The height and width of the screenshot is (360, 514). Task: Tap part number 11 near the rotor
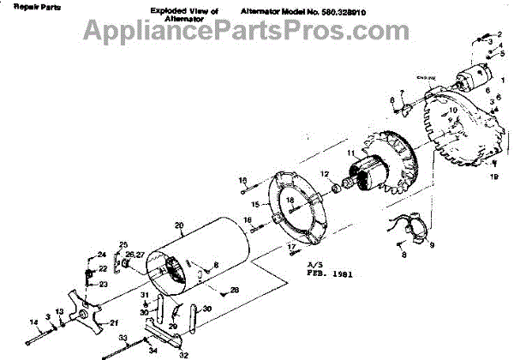[x=350, y=154]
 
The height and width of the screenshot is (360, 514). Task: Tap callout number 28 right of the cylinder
[x=234, y=289]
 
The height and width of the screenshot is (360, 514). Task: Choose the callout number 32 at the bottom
[x=183, y=353]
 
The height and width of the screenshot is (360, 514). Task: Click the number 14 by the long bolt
[x=35, y=322]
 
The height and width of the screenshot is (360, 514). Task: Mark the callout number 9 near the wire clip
[x=431, y=246]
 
